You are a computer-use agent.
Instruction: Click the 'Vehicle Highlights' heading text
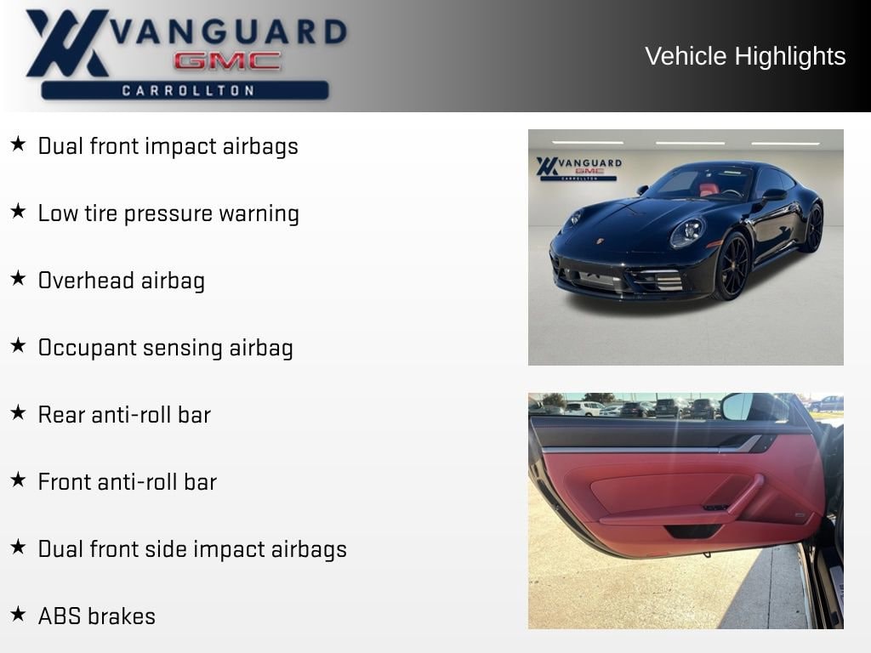coord(745,56)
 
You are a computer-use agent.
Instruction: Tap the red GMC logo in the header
coord(227,61)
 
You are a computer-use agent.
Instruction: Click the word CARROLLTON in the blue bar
coord(188,90)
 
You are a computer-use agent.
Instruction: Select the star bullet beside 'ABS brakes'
coord(19,614)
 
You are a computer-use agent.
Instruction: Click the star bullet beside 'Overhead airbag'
coord(19,278)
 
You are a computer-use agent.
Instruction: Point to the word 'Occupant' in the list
coord(88,349)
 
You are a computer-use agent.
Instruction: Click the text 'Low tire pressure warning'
coord(168,213)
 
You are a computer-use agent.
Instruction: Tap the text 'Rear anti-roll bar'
coord(124,415)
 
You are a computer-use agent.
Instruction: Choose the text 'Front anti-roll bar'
coord(128,482)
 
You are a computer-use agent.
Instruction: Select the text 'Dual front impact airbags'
coord(168,146)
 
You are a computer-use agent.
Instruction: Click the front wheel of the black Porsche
coord(732,266)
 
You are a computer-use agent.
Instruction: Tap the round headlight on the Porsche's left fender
coord(687,233)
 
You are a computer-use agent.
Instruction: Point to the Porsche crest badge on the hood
coord(600,241)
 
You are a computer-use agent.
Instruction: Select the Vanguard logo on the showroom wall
coord(578,168)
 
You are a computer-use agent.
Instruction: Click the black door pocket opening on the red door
coord(693,531)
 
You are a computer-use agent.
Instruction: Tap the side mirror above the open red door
coord(754,406)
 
